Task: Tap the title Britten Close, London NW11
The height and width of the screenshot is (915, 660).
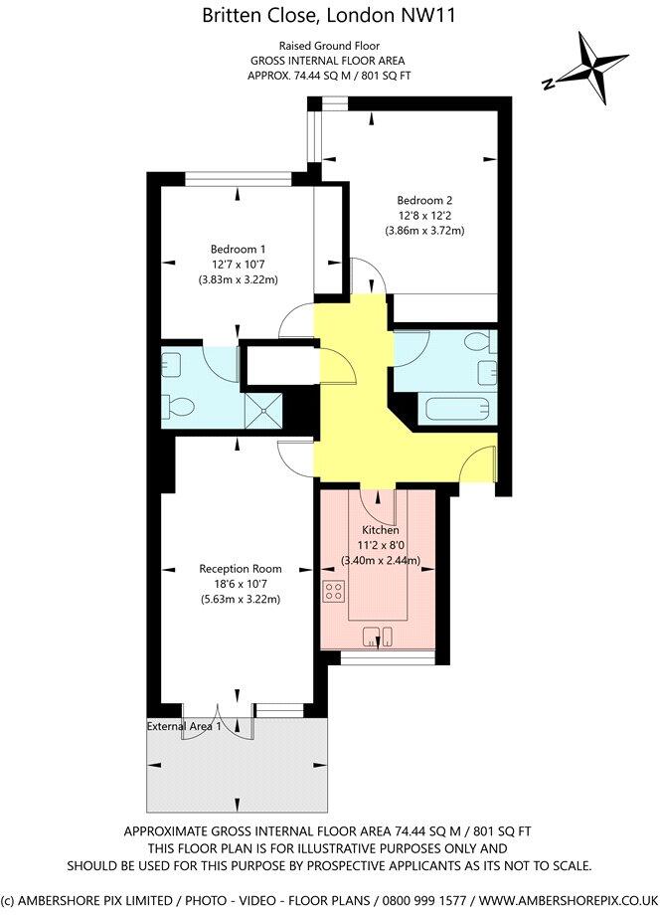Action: pos(330,15)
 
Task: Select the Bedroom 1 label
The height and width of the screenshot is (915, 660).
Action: pos(238,249)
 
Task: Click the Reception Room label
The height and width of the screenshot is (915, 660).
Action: pos(238,569)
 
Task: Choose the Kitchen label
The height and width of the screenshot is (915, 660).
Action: pos(380,530)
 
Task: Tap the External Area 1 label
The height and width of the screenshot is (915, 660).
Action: pos(185,727)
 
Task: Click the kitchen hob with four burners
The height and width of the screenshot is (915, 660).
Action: pos(333,594)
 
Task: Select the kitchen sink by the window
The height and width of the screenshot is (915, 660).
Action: pos(379,634)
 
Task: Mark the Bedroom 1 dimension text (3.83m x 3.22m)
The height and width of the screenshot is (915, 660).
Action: pos(238,280)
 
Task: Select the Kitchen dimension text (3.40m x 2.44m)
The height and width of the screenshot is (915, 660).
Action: pos(381,560)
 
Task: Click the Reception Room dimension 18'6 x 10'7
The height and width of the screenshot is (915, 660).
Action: pos(238,584)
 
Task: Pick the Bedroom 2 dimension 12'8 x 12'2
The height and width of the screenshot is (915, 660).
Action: pos(424,215)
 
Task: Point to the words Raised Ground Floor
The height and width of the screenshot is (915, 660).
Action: pos(329,45)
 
